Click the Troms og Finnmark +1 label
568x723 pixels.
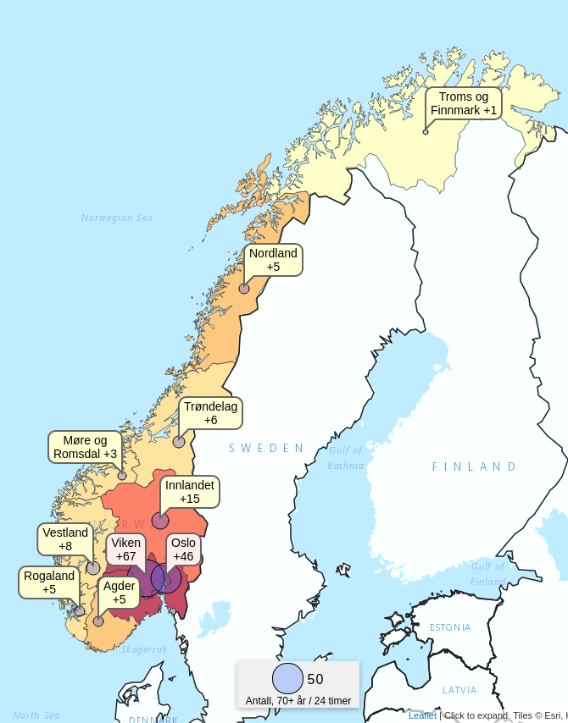click(464, 103)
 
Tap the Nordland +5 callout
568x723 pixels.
click(273, 260)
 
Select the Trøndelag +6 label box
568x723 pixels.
click(211, 413)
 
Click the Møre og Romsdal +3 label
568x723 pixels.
click(86, 447)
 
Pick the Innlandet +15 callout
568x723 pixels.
click(190, 492)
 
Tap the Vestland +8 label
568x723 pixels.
click(65, 539)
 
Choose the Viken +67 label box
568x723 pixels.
click(125, 549)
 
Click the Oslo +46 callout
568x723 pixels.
click(183, 549)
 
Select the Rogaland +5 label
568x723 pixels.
click(49, 582)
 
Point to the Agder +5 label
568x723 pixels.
click(120, 592)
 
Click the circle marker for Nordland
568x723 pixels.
click(244, 289)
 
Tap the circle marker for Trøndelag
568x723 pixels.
click(179, 442)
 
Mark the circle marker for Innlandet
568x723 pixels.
click(160, 521)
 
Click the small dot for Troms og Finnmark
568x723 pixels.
click(426, 132)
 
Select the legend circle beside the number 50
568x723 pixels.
click(288, 679)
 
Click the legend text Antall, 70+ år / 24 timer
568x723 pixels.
click(298, 701)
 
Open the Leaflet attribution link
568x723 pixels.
click(422, 715)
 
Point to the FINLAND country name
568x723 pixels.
click(474, 466)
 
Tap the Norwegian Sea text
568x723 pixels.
click(117, 218)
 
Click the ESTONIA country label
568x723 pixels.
click(450, 627)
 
